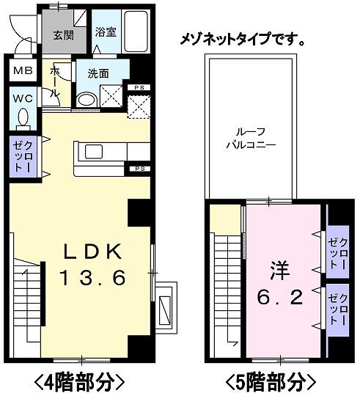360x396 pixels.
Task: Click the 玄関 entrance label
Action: [63, 34]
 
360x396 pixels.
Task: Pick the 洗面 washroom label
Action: [99, 74]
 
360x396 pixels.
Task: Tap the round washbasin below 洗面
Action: [87, 100]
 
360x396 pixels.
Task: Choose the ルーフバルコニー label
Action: [249, 139]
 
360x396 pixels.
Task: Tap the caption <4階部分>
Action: [76, 381]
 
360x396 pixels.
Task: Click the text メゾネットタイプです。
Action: [243, 38]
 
